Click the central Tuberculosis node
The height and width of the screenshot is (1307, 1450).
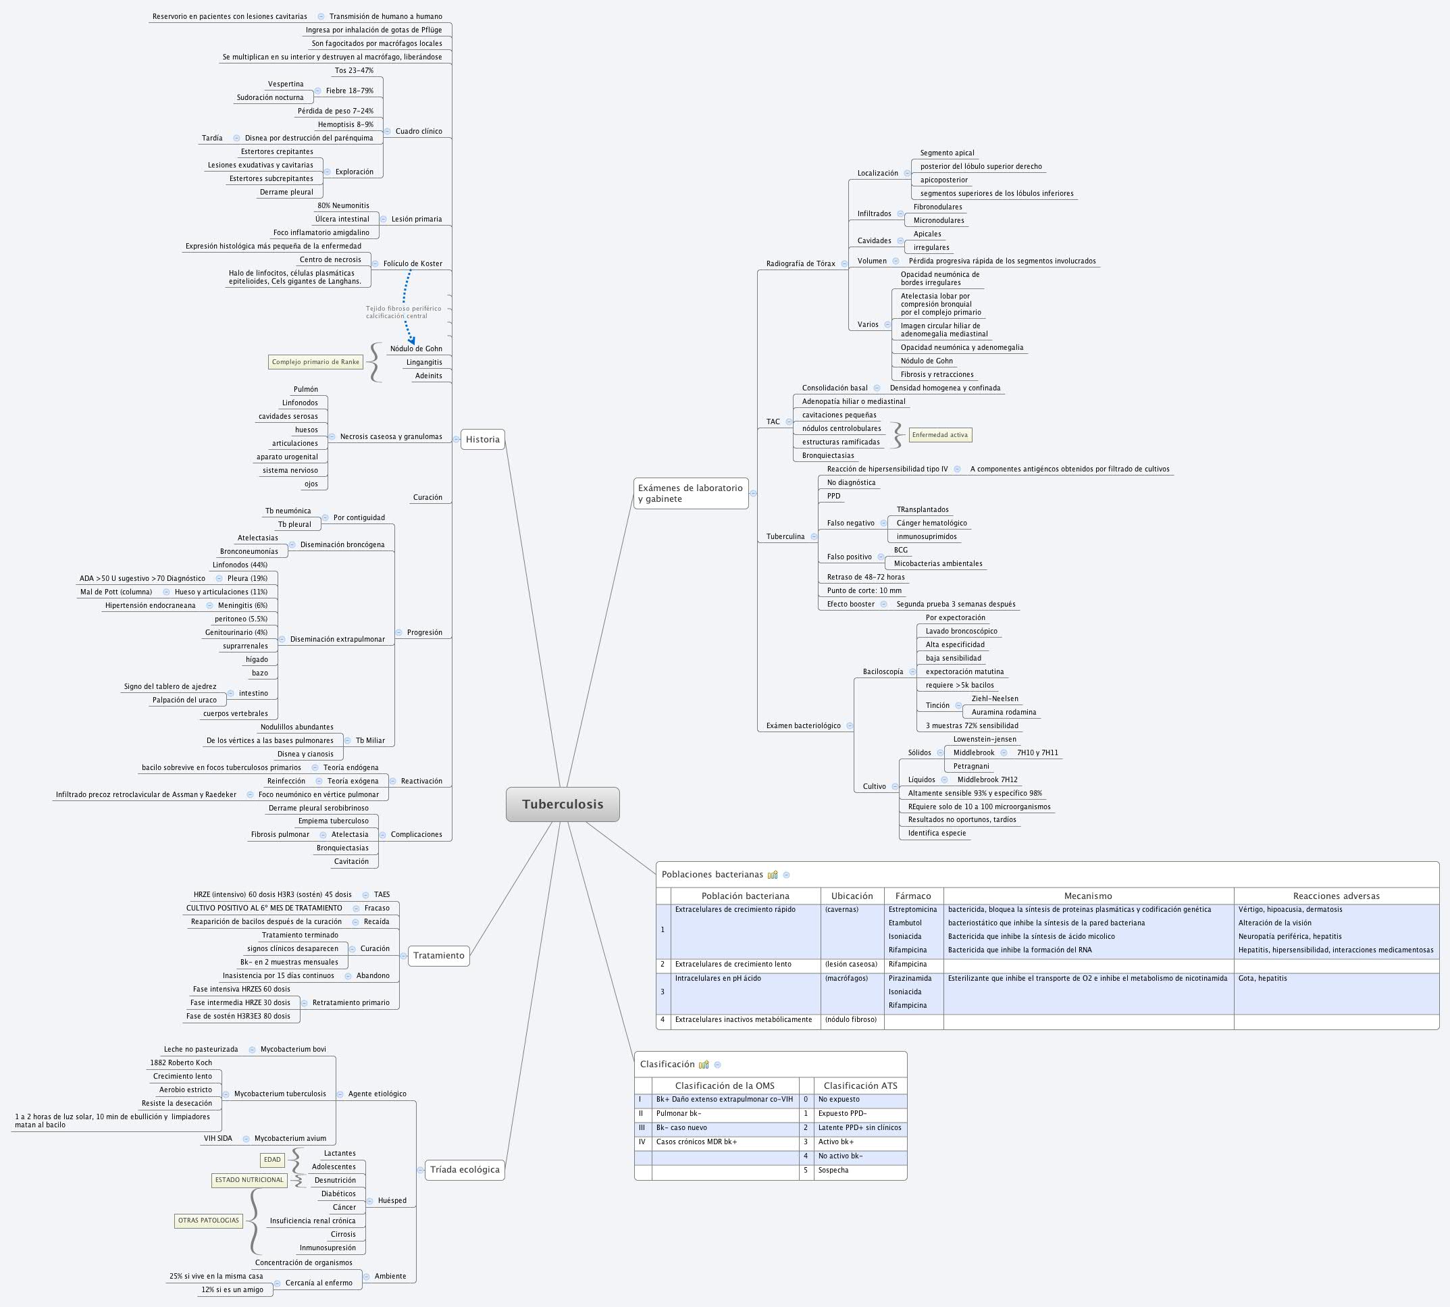coord(563,804)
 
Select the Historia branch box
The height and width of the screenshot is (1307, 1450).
coord(483,440)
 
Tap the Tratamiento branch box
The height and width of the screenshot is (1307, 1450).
coord(438,955)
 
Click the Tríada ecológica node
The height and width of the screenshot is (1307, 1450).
coord(465,1169)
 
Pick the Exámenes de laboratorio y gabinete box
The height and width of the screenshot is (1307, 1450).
coord(690,493)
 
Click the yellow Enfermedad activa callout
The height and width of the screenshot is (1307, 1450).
coord(939,435)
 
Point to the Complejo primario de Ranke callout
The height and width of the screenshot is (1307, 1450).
coord(315,362)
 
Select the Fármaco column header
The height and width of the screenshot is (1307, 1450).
coord(913,896)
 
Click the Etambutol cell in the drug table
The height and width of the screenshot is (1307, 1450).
coord(905,923)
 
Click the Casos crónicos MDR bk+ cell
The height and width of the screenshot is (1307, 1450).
coord(696,1142)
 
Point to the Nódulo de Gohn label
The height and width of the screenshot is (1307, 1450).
coord(416,349)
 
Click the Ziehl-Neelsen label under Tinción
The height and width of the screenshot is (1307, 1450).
coord(995,698)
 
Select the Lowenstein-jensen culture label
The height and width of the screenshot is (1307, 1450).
coord(985,739)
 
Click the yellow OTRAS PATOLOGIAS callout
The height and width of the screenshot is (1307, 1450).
coord(208,1220)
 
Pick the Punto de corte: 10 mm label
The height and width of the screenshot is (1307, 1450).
coord(864,590)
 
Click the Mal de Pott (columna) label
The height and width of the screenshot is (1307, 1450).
coord(116,592)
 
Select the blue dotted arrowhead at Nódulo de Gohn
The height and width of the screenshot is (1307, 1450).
coord(412,340)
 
